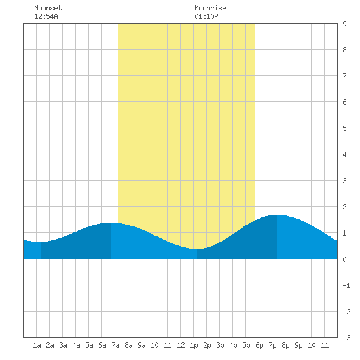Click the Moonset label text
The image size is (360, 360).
48,8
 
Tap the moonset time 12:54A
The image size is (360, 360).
46,16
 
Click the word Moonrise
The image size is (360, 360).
210,8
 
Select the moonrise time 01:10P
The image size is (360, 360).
206,16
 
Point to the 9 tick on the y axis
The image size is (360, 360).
344,24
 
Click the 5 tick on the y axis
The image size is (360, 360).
344,128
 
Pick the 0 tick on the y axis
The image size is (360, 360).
344,259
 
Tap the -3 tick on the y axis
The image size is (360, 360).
346,338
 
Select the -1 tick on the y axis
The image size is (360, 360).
346,285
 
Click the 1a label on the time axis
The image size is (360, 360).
37,345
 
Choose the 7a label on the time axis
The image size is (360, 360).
115,345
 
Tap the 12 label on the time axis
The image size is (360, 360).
181,345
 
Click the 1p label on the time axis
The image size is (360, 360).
194,345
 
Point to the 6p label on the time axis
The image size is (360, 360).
259,345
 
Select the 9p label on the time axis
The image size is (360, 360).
298,345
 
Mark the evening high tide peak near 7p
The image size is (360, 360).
277,215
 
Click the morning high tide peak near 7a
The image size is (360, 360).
111,223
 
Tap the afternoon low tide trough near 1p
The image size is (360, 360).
197,249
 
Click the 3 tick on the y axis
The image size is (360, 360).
344,181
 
